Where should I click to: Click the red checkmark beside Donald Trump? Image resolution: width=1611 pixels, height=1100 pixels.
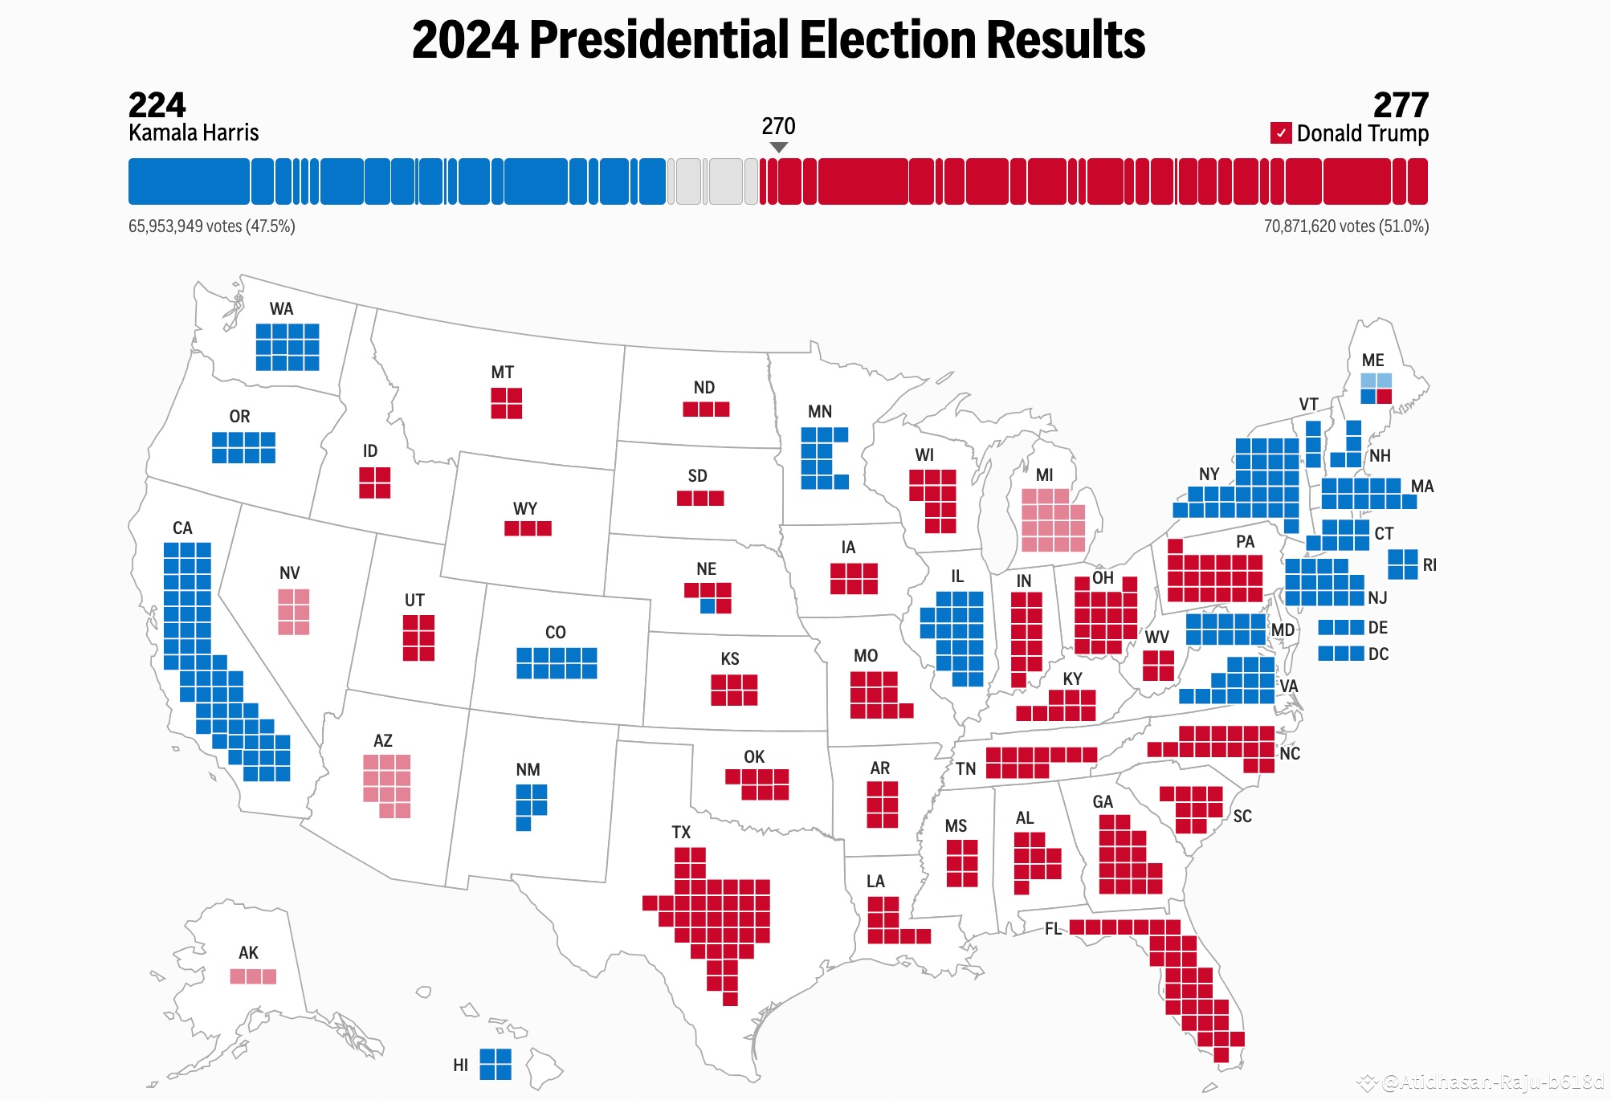point(1281,133)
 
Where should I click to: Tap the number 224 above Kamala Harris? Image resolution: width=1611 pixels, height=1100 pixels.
point(157,105)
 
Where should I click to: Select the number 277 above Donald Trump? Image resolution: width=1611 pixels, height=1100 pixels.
point(1401,105)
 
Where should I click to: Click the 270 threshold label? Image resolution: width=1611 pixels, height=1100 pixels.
point(778,126)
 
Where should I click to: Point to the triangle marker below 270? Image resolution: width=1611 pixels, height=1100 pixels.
point(778,147)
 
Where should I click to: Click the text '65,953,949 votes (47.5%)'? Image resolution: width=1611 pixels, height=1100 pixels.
point(212,226)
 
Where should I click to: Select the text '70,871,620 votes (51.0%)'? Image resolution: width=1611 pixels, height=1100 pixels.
point(1346,226)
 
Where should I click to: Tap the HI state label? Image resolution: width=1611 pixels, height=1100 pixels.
point(460,1065)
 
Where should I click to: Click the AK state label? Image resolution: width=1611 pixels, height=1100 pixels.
point(248,953)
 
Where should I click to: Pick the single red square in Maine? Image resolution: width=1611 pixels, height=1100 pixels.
point(1384,396)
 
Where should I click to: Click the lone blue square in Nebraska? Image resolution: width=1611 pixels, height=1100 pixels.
point(708,606)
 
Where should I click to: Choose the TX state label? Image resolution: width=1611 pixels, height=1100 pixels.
point(681,833)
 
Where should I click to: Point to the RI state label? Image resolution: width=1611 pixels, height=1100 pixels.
point(1430,565)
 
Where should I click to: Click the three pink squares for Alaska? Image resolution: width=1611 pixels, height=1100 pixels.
point(253,976)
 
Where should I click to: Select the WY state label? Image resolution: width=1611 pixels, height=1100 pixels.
point(525,509)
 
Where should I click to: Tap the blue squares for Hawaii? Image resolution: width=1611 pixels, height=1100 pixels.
point(496,1065)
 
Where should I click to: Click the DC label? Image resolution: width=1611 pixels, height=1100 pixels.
point(1378,654)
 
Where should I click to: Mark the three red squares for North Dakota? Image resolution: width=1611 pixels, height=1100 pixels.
point(706,409)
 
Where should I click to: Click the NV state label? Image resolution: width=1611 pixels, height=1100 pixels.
point(289,573)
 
